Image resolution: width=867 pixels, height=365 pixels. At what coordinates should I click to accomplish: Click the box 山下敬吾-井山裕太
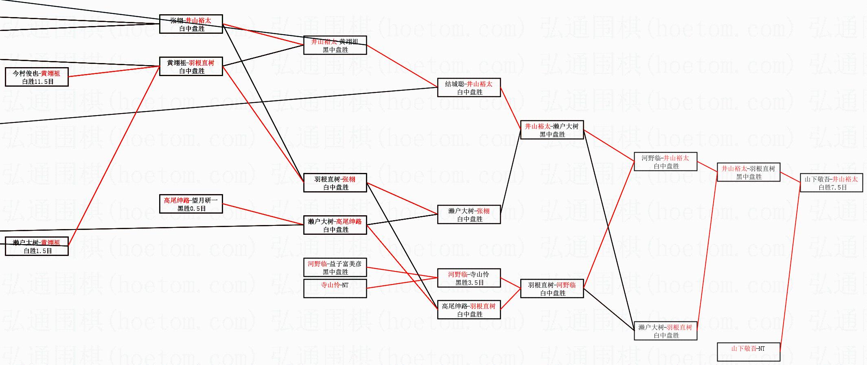(831, 183)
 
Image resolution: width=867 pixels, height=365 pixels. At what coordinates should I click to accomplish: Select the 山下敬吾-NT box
(748, 352)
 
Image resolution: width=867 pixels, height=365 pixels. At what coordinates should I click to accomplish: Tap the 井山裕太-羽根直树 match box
(748, 172)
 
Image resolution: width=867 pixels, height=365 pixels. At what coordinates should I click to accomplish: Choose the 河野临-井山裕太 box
(666, 162)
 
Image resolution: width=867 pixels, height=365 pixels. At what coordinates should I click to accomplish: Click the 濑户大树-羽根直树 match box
(666, 331)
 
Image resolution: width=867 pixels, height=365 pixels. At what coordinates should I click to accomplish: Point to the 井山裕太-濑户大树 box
(552, 130)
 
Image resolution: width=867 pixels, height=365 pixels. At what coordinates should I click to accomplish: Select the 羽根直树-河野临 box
(552, 289)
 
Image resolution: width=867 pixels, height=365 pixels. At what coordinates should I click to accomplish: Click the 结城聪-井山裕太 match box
(469, 87)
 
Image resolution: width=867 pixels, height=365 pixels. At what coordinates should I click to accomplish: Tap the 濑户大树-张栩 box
(469, 214)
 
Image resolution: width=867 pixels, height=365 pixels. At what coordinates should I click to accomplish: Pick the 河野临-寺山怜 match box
(469, 278)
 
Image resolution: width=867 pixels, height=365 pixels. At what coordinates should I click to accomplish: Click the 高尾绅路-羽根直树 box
(469, 310)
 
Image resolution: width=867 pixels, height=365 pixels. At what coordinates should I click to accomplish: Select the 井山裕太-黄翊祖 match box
(335, 45)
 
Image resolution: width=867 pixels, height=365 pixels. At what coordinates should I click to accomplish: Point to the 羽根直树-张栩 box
(335, 183)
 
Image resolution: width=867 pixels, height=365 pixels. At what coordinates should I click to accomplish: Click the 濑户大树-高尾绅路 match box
(335, 225)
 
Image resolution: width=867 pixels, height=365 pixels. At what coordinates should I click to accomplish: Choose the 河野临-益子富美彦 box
(335, 267)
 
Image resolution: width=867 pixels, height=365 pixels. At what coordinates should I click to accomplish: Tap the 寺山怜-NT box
(335, 289)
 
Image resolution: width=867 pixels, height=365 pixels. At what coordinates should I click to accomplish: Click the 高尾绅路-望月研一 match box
(191, 204)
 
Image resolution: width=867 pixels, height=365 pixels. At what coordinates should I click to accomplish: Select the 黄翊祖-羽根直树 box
(191, 66)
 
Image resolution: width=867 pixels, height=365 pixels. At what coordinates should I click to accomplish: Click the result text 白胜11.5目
(38, 81)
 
